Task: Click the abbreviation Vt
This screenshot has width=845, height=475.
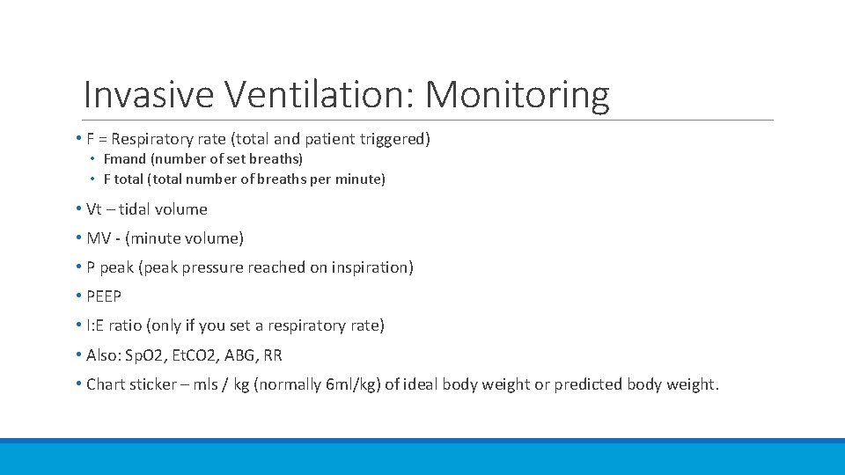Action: point(95,209)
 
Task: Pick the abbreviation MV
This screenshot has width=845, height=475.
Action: point(99,238)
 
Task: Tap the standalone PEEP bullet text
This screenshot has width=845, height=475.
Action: point(104,296)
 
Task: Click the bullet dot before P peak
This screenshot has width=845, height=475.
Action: point(79,267)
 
